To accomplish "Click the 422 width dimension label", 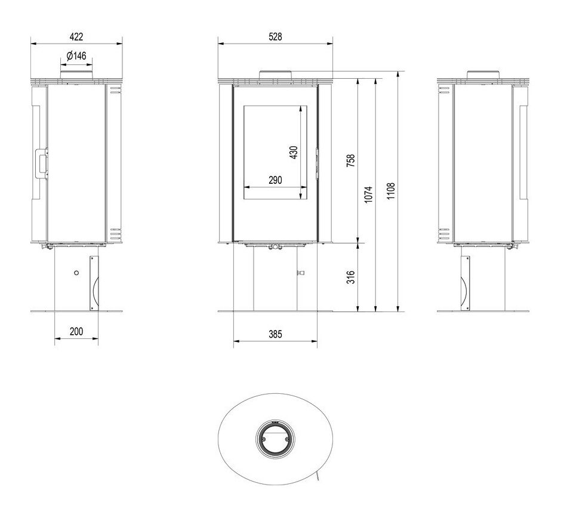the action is click(x=76, y=36).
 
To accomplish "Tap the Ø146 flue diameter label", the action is click(x=76, y=56).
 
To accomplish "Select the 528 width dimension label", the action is click(x=275, y=36).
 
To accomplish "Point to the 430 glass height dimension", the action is click(x=294, y=152).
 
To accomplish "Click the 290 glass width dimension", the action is click(x=275, y=180).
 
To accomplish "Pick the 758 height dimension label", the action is click(x=351, y=161).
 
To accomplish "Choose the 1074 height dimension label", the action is click(x=368, y=195).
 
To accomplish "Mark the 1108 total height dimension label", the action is click(x=391, y=191).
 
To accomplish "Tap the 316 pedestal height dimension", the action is click(x=351, y=277).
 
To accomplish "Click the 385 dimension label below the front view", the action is click(x=275, y=334).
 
